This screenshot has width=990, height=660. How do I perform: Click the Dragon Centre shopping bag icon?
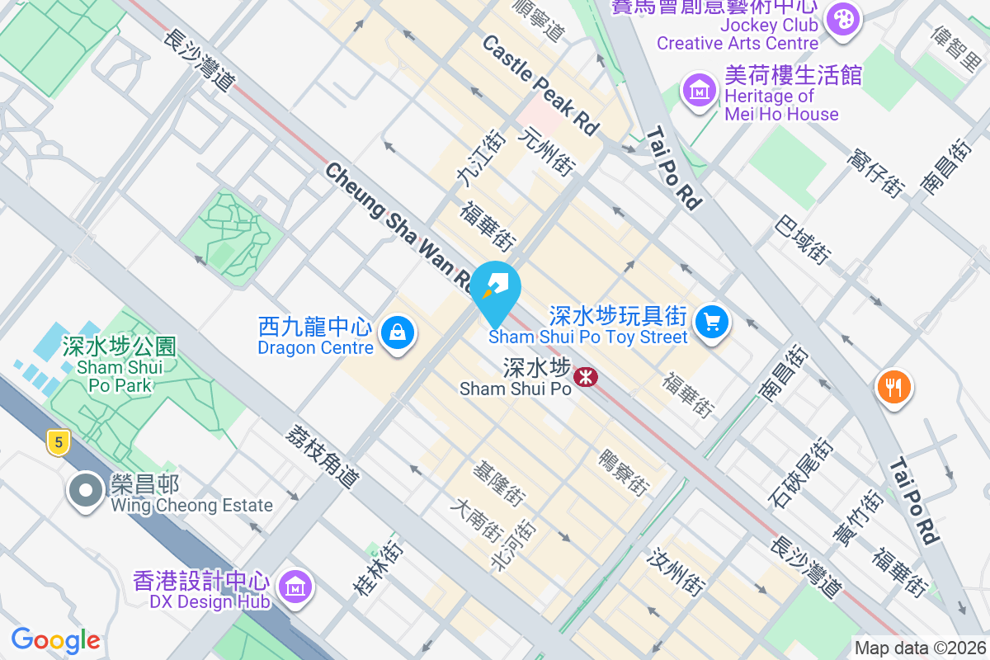(398, 332)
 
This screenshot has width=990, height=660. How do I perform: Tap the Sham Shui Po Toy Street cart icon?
(711, 322)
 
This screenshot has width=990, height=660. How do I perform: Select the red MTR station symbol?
(587, 378)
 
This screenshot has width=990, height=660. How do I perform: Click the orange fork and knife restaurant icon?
(893, 385)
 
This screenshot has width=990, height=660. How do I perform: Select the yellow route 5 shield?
(56, 442)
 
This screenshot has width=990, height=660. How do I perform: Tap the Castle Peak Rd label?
(540, 85)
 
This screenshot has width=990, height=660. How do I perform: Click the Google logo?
(55, 639)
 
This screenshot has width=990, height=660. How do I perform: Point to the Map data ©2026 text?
(920, 648)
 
